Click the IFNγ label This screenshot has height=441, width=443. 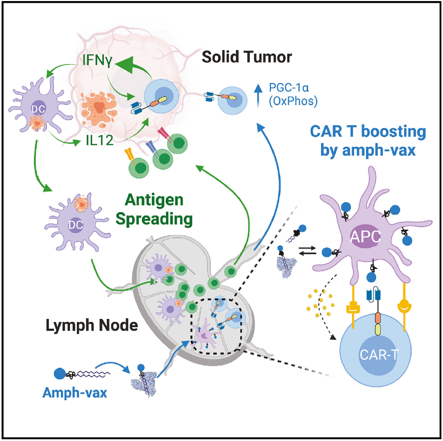coord(98,60)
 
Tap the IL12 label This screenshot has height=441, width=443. coord(99,140)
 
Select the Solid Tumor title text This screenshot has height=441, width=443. coord(246,57)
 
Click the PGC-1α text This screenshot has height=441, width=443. coord(289,88)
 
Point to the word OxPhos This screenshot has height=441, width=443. coord(293,101)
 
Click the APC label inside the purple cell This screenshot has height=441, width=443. coord(365,237)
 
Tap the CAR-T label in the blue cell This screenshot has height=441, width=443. coord(379,354)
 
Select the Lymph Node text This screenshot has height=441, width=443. coord(92,325)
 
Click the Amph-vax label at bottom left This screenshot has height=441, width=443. coord(74,393)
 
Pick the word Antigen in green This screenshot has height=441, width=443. coord(154,200)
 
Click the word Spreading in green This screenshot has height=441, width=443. coord(154,219)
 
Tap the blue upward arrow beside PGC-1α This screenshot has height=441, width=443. coord(258,96)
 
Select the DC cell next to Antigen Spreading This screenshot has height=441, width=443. coord(76,223)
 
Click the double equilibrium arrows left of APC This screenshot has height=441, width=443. coord(308,250)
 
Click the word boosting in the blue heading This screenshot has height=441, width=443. coord(393,132)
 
